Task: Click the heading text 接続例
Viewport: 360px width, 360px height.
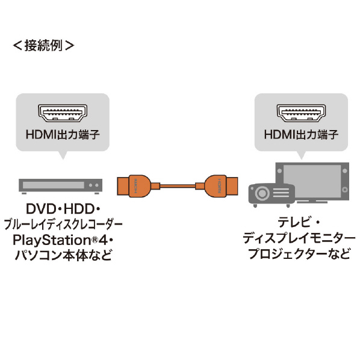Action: click(x=43, y=45)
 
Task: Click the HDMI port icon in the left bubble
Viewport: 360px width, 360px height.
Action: click(x=63, y=113)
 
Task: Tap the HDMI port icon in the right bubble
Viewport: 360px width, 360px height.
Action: click(x=301, y=113)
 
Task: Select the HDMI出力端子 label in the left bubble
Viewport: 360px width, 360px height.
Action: click(x=63, y=134)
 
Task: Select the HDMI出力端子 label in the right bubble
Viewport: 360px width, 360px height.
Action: click(x=301, y=134)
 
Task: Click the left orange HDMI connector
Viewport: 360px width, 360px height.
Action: click(x=134, y=186)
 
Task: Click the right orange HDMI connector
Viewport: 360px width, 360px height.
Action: click(x=220, y=186)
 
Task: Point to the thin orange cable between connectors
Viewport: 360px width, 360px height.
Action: click(x=178, y=186)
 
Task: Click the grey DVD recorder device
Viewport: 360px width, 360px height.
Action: click(x=60, y=186)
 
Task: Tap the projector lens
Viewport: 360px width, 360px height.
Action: click(x=262, y=193)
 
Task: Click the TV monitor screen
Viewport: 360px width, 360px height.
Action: click(x=312, y=181)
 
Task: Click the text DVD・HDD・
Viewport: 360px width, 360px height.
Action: click(x=63, y=209)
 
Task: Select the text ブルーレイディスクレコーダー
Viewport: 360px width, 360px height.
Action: click(x=63, y=225)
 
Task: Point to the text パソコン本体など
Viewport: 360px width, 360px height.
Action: click(x=63, y=255)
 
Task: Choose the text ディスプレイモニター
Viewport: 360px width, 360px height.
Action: click(x=299, y=238)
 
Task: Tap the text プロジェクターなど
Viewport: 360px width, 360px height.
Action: click(x=299, y=253)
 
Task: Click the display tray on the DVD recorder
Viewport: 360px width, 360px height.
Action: click(x=53, y=185)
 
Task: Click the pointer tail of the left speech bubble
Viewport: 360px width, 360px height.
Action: click(x=63, y=155)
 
